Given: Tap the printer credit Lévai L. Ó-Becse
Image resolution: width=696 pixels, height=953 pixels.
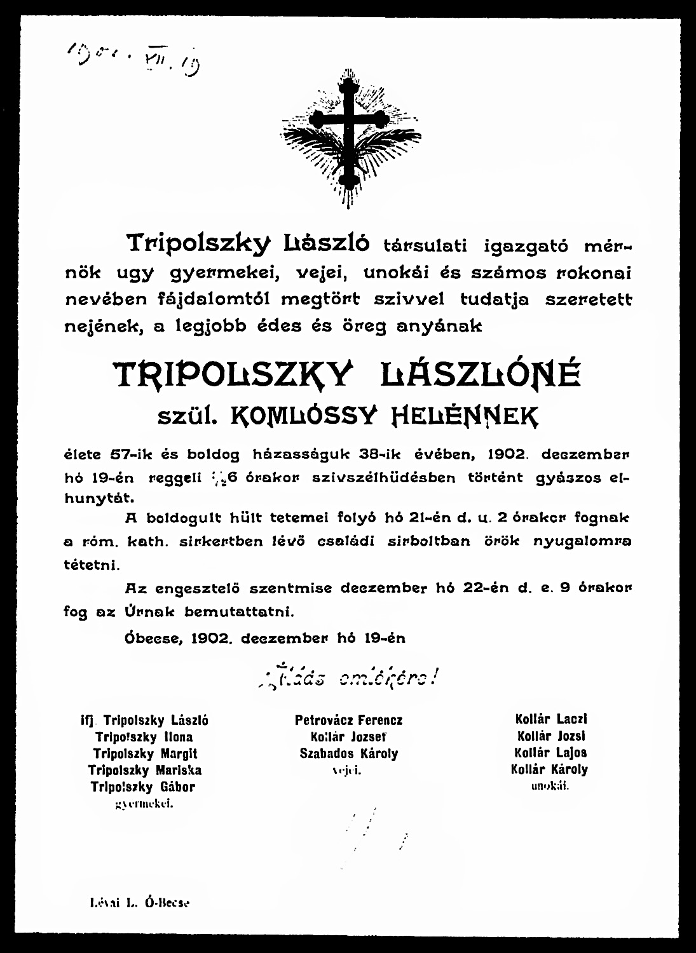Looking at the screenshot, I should point(141,902).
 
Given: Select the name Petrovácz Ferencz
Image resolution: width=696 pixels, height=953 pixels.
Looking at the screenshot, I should point(348,720).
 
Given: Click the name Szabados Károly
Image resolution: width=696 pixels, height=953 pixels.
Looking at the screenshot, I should point(348,754).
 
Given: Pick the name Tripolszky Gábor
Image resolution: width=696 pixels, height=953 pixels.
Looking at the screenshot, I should point(142,787).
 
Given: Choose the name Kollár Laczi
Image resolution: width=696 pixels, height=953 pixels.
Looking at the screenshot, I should point(550,719).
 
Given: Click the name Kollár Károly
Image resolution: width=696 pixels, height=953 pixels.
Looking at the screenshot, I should point(549,769).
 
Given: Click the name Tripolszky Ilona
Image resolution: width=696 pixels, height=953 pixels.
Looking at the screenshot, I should point(144,738).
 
